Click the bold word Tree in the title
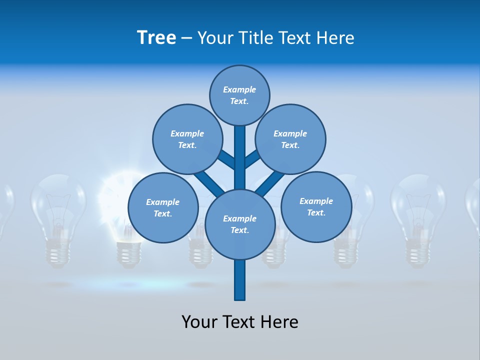point(156,38)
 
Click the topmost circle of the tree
point(239,95)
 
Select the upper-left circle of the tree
point(187,139)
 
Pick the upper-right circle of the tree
point(290,139)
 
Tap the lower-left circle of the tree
point(162,207)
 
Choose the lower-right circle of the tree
point(316,206)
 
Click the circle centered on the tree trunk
point(240,224)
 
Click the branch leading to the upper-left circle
point(226,159)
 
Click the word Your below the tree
point(199,322)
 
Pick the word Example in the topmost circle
point(239,89)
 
